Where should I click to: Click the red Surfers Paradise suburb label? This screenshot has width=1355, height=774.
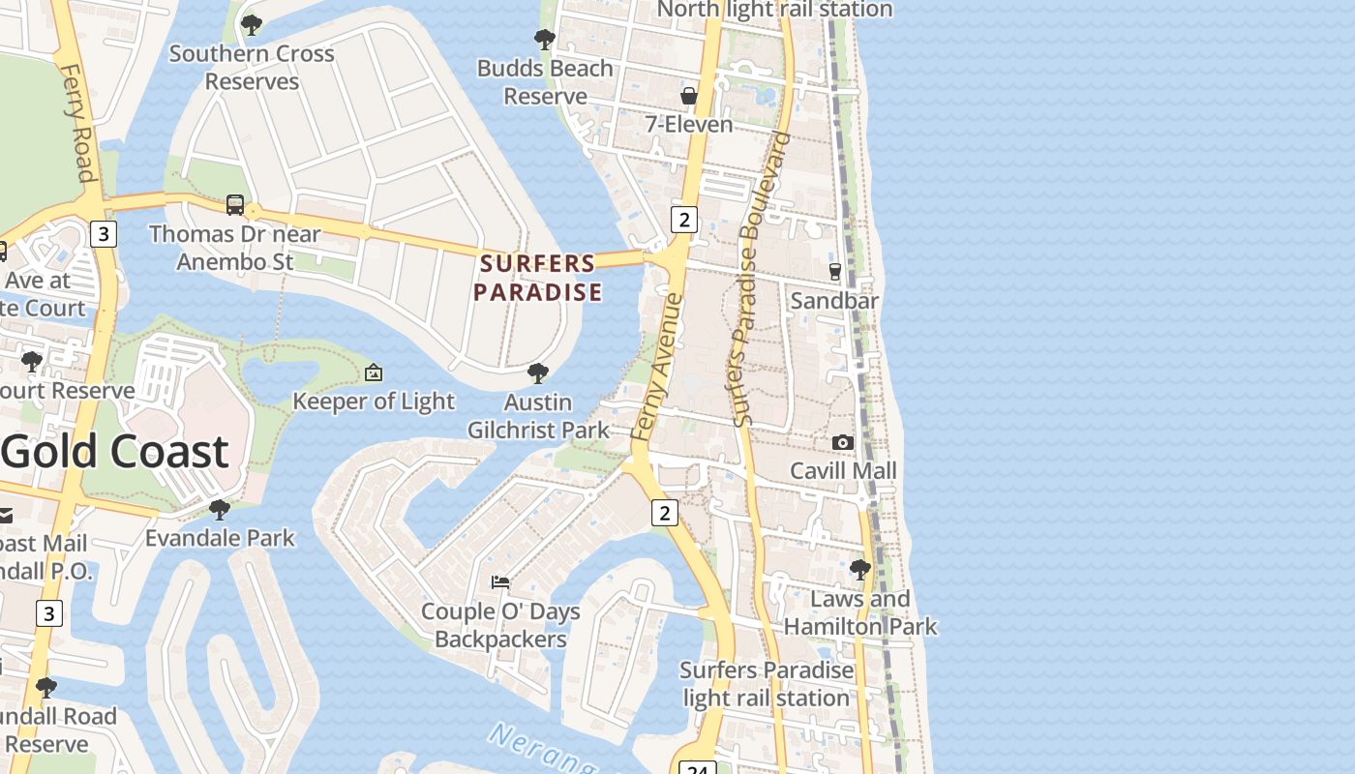coord(538,278)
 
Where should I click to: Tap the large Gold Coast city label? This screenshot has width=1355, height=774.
coord(114,452)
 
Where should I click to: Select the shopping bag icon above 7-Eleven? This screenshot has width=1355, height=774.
coord(689,96)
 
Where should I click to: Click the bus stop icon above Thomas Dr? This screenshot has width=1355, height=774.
coord(235,204)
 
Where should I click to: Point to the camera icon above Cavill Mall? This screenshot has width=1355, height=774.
coord(843,442)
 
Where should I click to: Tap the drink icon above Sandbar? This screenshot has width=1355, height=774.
coord(835,272)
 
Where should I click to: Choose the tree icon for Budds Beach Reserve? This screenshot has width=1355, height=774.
coord(545,40)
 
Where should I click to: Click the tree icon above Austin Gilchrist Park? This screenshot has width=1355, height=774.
coord(538,373)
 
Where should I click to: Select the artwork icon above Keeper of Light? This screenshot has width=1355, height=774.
coord(374,372)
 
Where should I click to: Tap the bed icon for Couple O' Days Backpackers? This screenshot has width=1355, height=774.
coord(500,582)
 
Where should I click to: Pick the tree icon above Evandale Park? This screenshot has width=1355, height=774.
coord(220,509)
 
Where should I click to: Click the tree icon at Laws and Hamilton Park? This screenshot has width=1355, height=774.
coord(859,570)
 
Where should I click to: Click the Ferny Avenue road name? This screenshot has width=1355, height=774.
coord(657,368)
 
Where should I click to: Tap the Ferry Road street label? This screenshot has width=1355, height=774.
coord(77,123)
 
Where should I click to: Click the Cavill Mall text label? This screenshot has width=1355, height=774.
coord(843,471)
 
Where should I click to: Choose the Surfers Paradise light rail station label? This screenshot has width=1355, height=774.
coord(766,684)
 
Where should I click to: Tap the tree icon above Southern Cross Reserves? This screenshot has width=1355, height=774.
coord(252,25)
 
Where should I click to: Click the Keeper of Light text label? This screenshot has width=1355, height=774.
coord(374,402)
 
